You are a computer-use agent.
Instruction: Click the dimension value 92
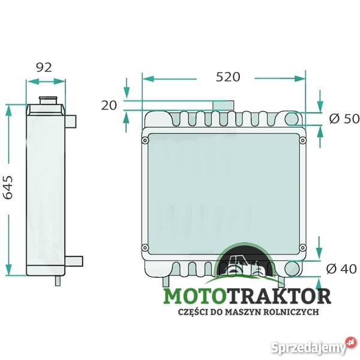43,67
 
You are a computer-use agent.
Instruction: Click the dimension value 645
8,188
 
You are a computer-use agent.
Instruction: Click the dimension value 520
228,77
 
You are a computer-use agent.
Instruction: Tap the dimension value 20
109,106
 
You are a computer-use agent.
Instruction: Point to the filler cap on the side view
46,99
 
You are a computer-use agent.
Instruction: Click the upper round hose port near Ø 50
294,119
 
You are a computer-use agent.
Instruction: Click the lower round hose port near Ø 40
293,269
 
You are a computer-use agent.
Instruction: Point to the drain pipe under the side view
58,278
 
